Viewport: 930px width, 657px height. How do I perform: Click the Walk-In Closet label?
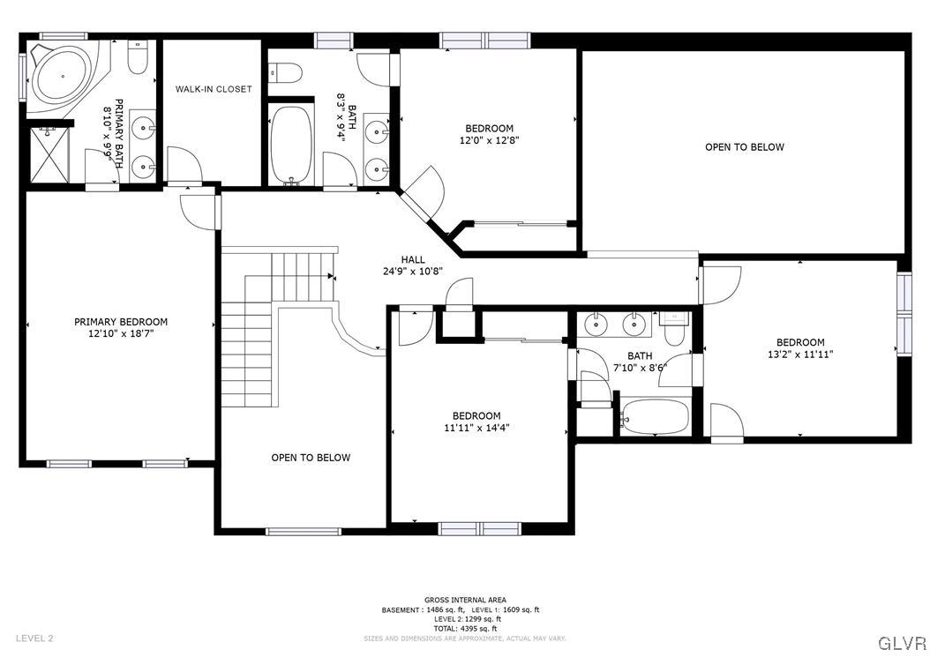[x=213, y=89]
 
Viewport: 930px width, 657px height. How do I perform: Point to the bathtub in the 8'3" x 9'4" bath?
[x=291, y=145]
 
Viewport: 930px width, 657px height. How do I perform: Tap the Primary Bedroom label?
[x=120, y=322]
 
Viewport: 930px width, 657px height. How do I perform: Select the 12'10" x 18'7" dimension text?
[x=120, y=333]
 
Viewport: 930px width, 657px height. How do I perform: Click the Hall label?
[x=413, y=259]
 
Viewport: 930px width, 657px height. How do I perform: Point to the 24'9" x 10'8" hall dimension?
[x=413, y=272]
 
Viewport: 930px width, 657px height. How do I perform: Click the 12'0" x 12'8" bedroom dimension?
[x=489, y=140]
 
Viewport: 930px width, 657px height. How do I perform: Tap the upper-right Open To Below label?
[x=744, y=147]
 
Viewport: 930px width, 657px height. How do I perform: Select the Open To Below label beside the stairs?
[x=311, y=458]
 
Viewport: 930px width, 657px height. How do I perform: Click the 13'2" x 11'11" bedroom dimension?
[x=800, y=354]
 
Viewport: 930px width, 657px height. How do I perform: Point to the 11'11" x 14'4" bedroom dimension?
[x=476, y=428]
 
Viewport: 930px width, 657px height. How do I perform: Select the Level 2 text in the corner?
[x=34, y=638]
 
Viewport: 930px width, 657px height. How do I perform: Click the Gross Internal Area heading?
[x=465, y=600]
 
